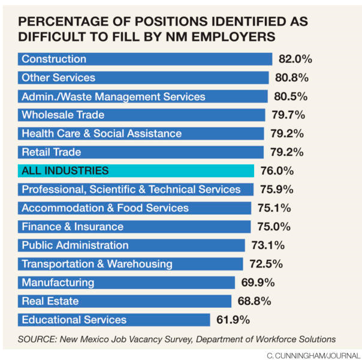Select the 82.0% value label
tap(295, 59)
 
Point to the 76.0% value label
tap(277, 171)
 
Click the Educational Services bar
tap(114, 320)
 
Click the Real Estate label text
tap(50, 301)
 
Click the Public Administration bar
tap(131, 245)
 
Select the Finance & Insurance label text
tap(73, 227)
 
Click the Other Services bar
tap(143, 77)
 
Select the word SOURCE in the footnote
tap(35, 338)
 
